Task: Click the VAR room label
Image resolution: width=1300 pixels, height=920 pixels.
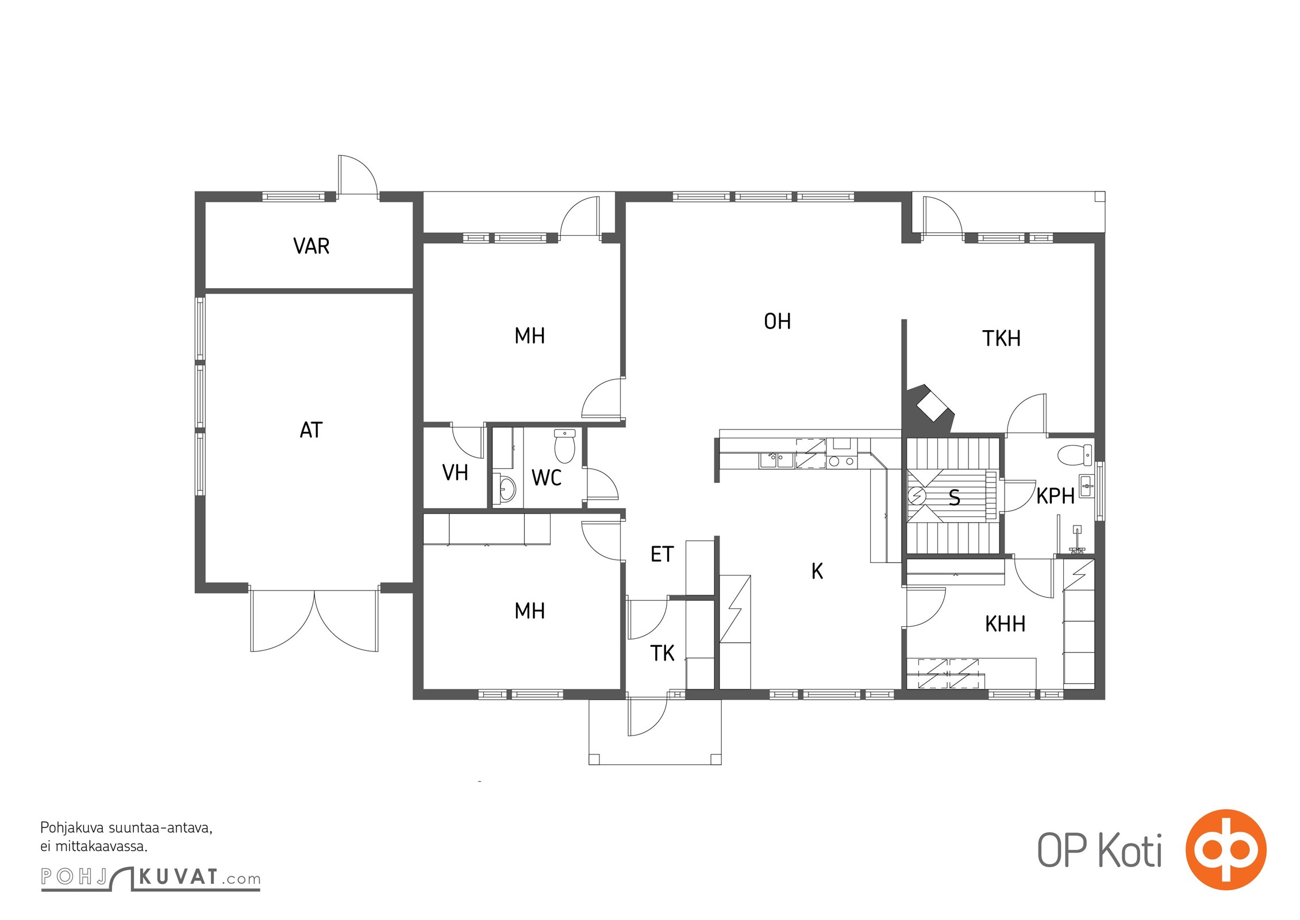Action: [311, 246]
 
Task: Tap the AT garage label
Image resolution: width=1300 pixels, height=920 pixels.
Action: [311, 430]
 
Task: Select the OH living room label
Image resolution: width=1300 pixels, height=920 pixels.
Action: [777, 321]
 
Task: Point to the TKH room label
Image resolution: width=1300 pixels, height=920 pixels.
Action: [1001, 339]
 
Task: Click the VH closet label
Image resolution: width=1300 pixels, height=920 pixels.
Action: [455, 473]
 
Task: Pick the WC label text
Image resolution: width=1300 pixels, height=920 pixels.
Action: [546, 478]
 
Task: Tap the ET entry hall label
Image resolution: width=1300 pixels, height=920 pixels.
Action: [661, 554]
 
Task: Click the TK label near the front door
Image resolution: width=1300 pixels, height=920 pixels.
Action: [662, 653]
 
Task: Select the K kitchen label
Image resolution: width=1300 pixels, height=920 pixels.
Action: [817, 571]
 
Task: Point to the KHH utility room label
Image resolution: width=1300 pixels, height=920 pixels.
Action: [1005, 624]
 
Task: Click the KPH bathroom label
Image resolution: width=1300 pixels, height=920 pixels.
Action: [1055, 496]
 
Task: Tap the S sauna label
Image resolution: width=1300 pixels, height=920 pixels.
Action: [954, 497]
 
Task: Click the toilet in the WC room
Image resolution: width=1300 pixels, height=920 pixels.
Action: [564, 446]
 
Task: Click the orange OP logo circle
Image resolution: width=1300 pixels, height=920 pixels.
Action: [1226, 850]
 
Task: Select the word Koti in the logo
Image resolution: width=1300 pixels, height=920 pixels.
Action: [1130, 850]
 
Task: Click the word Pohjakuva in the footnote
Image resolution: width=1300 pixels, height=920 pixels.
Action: [72, 829]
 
